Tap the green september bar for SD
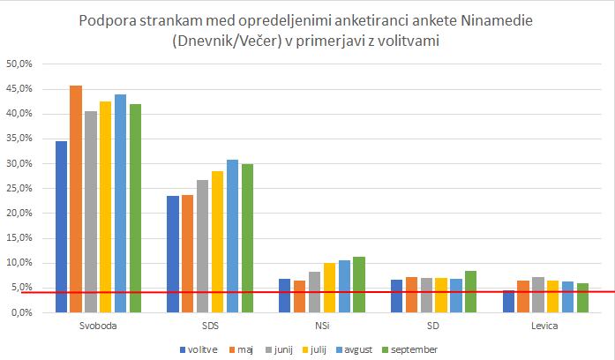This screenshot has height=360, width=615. coord(470,291)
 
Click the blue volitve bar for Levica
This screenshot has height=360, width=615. coord(509,301)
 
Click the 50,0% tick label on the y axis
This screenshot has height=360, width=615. coord(19,64)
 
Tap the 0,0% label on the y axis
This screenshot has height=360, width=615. coord(20,312)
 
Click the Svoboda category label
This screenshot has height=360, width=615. coord(98,326)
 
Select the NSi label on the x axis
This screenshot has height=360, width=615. coord(321,326)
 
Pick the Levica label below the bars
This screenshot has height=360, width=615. coord(544,326)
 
